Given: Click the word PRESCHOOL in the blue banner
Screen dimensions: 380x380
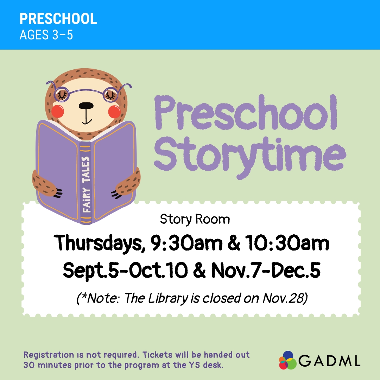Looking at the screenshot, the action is coord(58,19).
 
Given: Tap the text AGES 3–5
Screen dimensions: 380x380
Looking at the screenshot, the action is coord(46,34).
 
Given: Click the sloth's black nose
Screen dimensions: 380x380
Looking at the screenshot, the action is coord(86,106).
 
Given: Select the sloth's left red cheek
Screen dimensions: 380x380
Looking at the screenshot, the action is coord(58,111).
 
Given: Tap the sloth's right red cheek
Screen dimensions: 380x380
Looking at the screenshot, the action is coord(114,111).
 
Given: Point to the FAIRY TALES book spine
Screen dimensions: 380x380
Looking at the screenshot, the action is coord(86,183).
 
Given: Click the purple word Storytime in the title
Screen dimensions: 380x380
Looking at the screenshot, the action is coord(250,157).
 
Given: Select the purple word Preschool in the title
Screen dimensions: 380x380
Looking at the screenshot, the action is coord(246,113).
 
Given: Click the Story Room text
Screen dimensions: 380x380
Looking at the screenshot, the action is coord(195,219).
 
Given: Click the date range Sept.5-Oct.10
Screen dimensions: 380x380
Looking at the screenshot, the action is coord(125,270).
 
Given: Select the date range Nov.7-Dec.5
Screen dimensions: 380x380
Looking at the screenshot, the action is coord(266,270).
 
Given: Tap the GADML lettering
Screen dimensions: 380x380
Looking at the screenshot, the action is coord(329,361).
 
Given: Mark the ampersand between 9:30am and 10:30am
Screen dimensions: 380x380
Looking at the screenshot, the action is coord(234,243).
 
